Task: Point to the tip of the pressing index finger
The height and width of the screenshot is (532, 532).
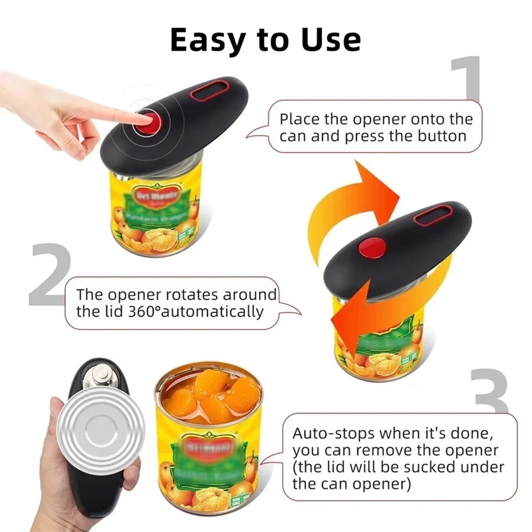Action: (x=144, y=119)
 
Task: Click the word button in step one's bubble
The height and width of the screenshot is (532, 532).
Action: (x=442, y=137)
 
